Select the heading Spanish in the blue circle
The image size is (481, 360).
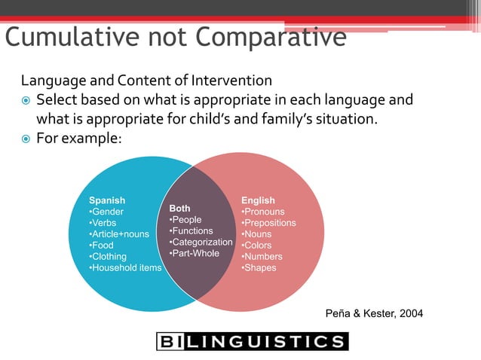pyautogui.click(x=107, y=200)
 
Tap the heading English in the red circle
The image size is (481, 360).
pyautogui.click(x=258, y=200)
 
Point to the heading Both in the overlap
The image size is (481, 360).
pyautogui.click(x=179, y=208)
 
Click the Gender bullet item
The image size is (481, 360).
pyautogui.click(x=106, y=212)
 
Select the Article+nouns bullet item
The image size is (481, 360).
pyautogui.click(x=119, y=234)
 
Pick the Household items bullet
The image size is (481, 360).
pyautogui.click(x=125, y=268)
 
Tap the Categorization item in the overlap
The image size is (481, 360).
pyautogui.click(x=201, y=242)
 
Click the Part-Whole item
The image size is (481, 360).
pyautogui.click(x=195, y=253)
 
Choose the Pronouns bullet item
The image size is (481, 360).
pyautogui.click(x=263, y=212)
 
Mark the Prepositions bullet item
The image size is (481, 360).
pyautogui.click(x=268, y=223)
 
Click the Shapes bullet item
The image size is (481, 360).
pyautogui.click(x=259, y=268)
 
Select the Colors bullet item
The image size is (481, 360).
pyautogui.click(x=257, y=246)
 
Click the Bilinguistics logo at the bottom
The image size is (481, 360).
pyautogui.click(x=252, y=342)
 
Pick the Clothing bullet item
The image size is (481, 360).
pyautogui.click(x=109, y=257)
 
